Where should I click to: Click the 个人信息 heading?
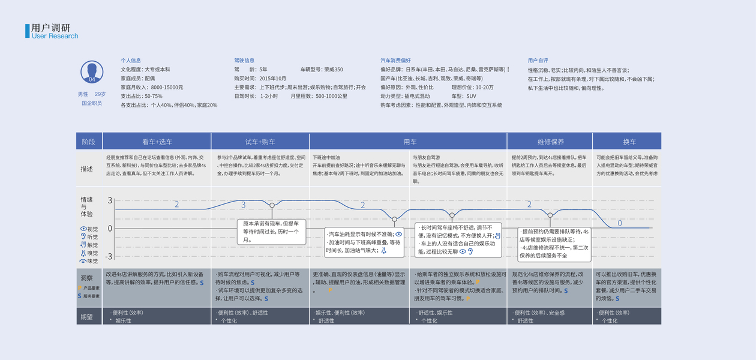click(131, 61)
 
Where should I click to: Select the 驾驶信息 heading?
click(244, 61)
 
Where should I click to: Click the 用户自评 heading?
click(538, 61)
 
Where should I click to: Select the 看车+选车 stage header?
click(157, 142)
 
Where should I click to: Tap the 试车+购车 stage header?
click(260, 142)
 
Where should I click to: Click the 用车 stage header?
click(410, 142)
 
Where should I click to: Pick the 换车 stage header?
click(629, 142)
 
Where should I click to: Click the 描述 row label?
click(87, 169)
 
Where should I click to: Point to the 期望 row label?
click(87, 316)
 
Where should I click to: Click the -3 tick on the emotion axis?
click(109, 256)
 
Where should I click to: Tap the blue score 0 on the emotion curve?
click(620, 223)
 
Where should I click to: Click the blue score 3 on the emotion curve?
click(243, 205)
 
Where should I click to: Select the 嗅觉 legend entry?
click(92, 253)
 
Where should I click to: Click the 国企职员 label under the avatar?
click(92, 103)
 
